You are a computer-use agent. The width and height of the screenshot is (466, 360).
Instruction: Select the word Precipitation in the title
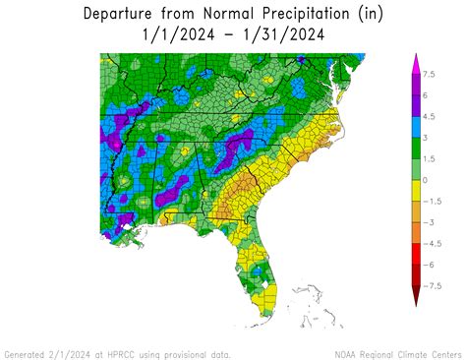tap(278, 14)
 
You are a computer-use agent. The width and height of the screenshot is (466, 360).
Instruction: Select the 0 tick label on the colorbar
tap(425, 181)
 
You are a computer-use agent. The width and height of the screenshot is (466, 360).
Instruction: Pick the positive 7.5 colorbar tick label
tap(429, 75)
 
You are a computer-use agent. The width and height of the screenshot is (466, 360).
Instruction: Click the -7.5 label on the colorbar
tap(432, 286)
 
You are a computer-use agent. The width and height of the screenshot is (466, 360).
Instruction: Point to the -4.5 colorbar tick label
tap(432, 244)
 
